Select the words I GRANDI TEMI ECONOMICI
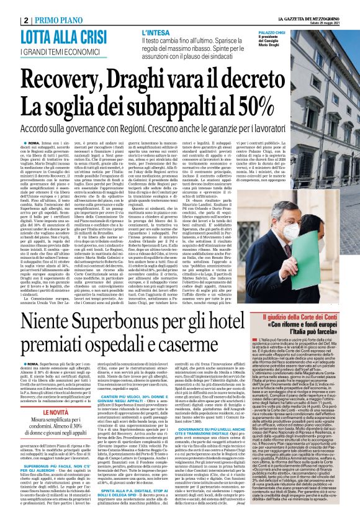[x=60, y=52]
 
